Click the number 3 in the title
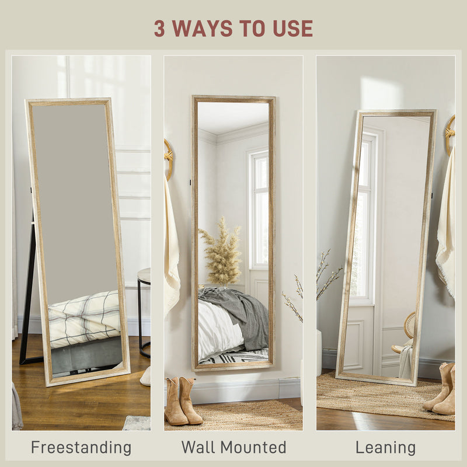point(159,28)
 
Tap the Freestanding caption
point(81,448)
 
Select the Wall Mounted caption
point(233,448)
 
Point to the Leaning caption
point(385,448)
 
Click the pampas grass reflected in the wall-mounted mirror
point(221,253)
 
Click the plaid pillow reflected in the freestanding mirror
point(85,318)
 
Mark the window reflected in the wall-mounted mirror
point(259,210)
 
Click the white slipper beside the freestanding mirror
point(145,377)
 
